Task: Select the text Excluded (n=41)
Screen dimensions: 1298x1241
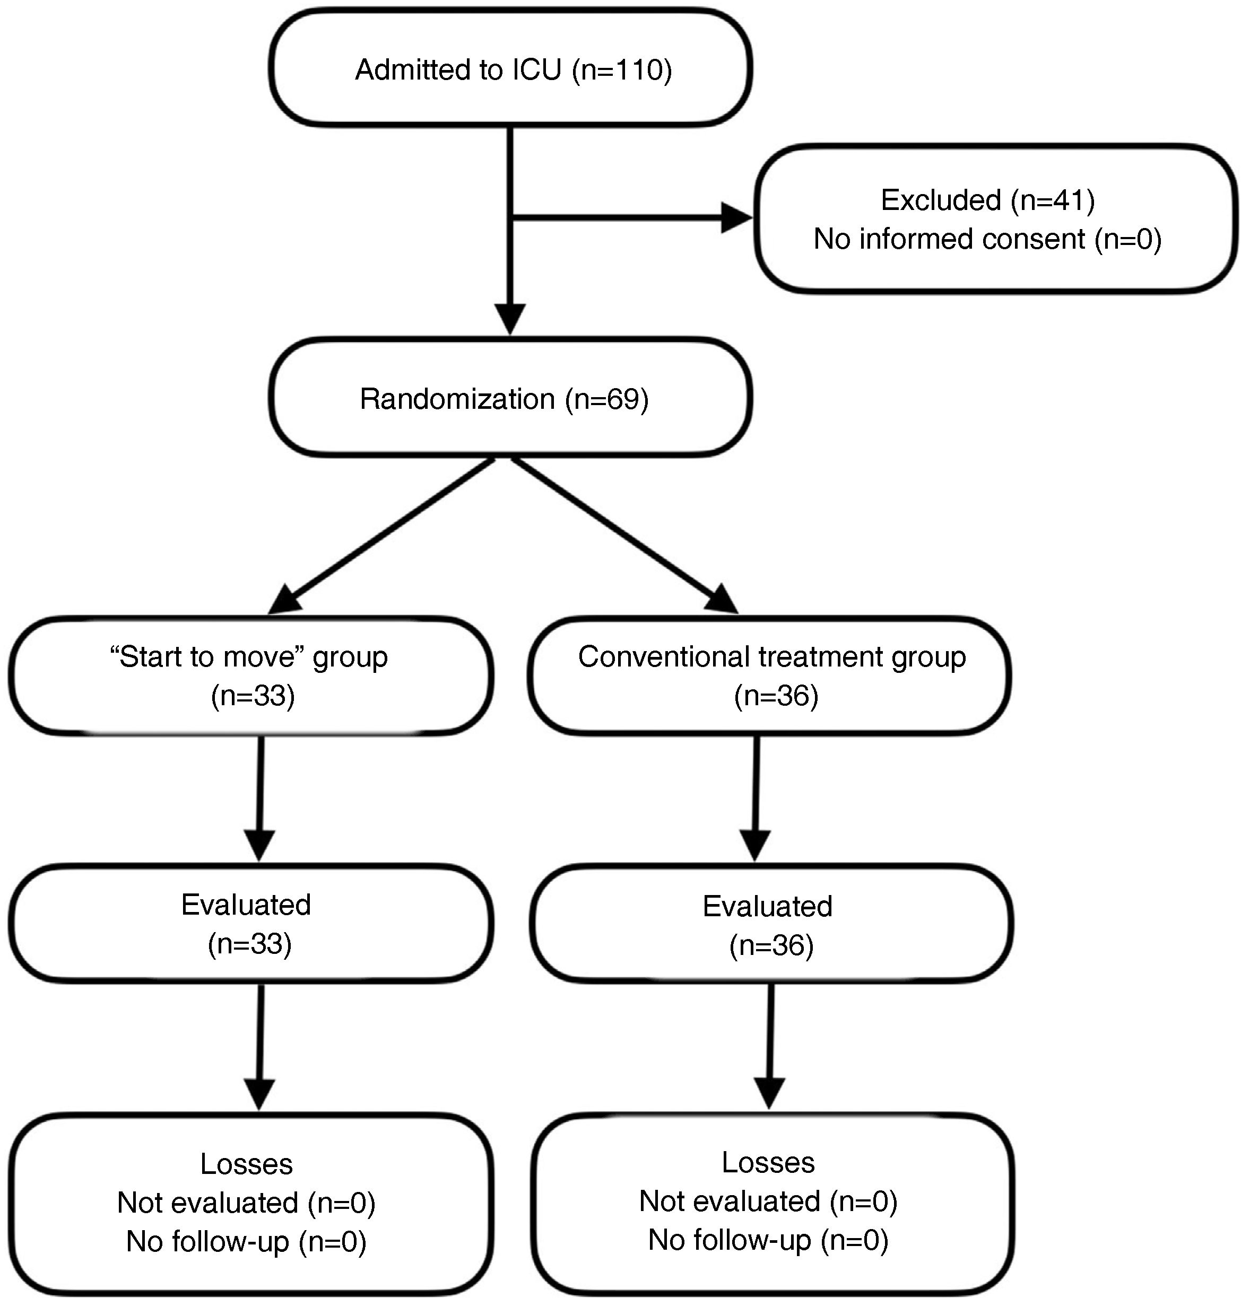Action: coord(987,200)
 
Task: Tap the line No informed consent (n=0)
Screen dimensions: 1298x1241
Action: coord(987,239)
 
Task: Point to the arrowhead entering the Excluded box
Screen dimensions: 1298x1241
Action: coord(735,217)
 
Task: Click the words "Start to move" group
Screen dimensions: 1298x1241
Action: coord(249,656)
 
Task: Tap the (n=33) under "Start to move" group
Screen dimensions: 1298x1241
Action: coord(253,696)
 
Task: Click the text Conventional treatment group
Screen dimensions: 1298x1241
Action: coord(771,656)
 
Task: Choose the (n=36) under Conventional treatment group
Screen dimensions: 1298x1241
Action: coord(776,696)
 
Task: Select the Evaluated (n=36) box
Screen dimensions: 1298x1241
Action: coord(771,924)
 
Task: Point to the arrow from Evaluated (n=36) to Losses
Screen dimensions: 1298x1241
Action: coord(770,1046)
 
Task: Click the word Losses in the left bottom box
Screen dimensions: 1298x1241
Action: coord(246,1164)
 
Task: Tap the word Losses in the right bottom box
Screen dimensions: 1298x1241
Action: coord(768,1162)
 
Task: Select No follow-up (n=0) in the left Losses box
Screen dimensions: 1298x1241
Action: coord(246,1241)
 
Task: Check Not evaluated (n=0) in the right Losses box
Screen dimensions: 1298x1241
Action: coord(768,1201)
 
